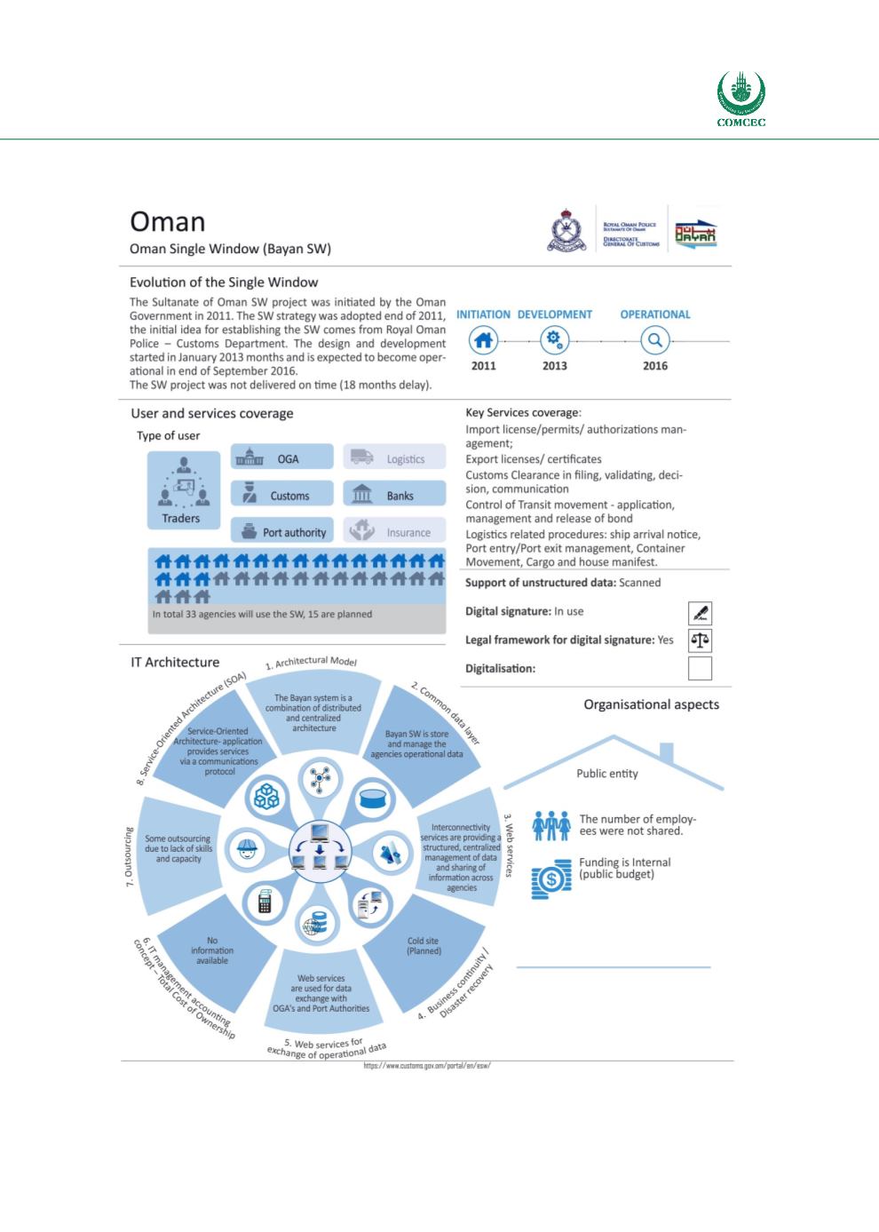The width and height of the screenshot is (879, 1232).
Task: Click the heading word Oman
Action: click(168, 222)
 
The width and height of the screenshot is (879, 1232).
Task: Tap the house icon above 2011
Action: click(483, 339)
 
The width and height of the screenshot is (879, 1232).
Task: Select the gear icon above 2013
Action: click(555, 339)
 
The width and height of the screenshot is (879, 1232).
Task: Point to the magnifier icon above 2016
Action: click(655, 339)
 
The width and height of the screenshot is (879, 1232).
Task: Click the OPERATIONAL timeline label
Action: click(655, 314)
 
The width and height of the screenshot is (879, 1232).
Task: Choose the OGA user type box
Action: click(282, 458)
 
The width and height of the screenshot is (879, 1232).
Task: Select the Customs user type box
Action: click(282, 495)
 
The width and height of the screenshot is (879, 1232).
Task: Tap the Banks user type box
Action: click(393, 495)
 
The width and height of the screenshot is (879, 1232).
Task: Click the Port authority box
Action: click(282, 531)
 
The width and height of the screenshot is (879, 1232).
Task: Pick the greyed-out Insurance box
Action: click(393, 531)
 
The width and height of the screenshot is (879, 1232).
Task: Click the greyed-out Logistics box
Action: click(393, 458)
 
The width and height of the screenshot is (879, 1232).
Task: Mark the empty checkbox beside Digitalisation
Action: click(700, 668)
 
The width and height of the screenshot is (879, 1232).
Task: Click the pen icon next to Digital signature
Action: click(700, 612)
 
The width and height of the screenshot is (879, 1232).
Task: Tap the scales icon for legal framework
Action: click(700, 640)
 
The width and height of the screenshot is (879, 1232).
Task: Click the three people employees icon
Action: click(550, 826)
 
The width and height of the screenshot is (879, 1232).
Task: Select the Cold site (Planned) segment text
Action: click(423, 946)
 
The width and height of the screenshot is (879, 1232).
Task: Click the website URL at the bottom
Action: click(427, 1066)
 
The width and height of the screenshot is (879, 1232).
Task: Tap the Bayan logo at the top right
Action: click(695, 234)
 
